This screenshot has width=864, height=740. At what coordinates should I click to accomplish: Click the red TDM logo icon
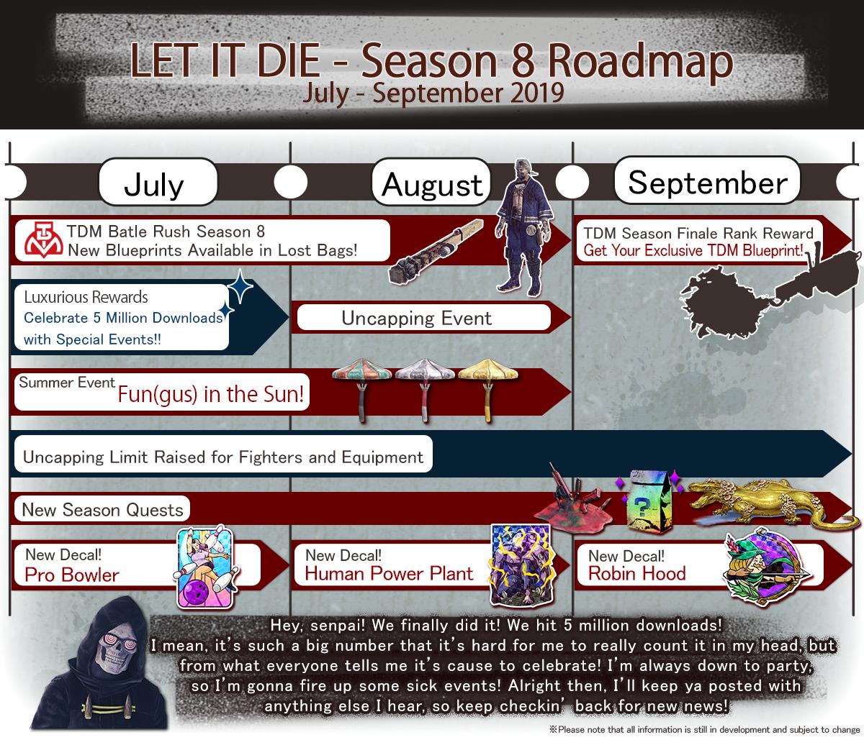click(x=44, y=239)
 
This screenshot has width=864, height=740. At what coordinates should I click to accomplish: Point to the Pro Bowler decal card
click(x=204, y=568)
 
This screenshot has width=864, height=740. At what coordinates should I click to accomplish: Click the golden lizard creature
click(x=773, y=503)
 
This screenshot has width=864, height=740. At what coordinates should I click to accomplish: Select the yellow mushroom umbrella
click(x=488, y=389)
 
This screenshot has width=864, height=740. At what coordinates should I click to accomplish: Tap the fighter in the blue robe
click(x=523, y=227)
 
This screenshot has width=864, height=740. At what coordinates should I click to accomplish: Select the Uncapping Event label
click(x=416, y=318)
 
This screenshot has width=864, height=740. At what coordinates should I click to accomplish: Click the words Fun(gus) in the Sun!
click(x=211, y=394)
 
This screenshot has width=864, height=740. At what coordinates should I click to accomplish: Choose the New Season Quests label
click(x=102, y=510)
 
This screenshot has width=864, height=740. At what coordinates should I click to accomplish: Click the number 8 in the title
click(x=523, y=61)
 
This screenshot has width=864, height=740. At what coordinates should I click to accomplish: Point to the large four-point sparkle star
click(x=240, y=286)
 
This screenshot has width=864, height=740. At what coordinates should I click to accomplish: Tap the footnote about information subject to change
click(x=705, y=729)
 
